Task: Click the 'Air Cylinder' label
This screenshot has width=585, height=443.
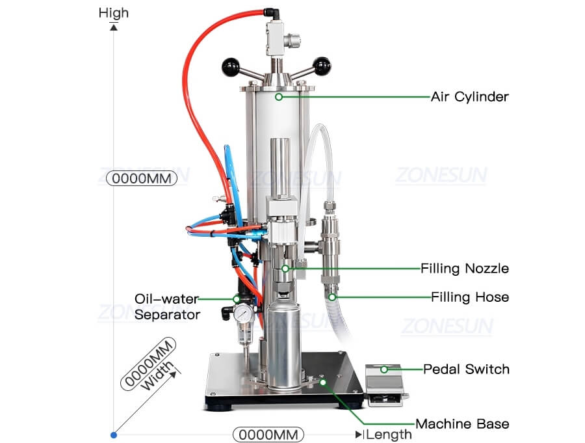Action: [x=469, y=97]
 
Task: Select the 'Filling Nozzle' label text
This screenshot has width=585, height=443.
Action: [x=464, y=268]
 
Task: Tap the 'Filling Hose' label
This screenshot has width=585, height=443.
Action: [x=469, y=297]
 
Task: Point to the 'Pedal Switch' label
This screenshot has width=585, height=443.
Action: [x=466, y=369]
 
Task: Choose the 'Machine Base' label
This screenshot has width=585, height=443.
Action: [x=462, y=424]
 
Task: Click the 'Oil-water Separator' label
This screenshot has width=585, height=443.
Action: [x=166, y=306]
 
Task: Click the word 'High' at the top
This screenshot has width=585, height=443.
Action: [x=114, y=12]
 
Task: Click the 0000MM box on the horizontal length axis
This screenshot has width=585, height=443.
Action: [x=268, y=434]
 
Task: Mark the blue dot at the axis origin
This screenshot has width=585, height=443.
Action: [x=114, y=434]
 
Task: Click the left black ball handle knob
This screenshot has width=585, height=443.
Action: [x=228, y=66]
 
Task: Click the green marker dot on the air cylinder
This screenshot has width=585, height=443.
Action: [x=278, y=97]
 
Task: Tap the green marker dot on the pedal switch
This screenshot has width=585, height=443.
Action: [x=384, y=369]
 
